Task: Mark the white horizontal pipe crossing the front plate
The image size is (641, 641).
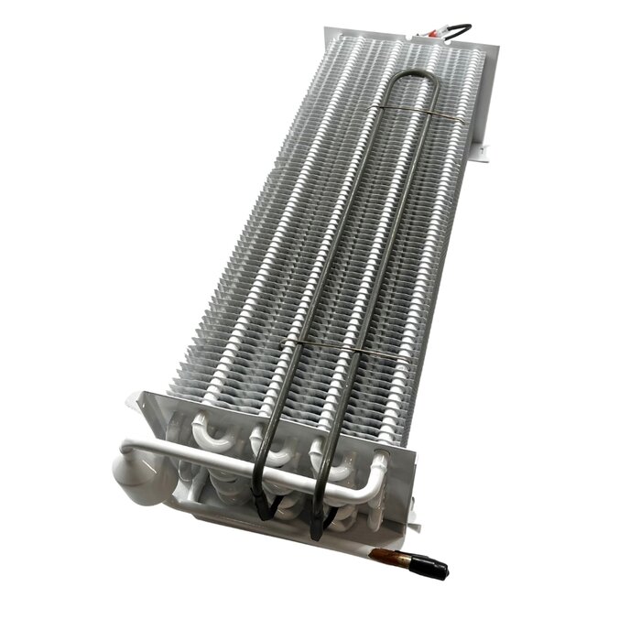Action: coord(247,466)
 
